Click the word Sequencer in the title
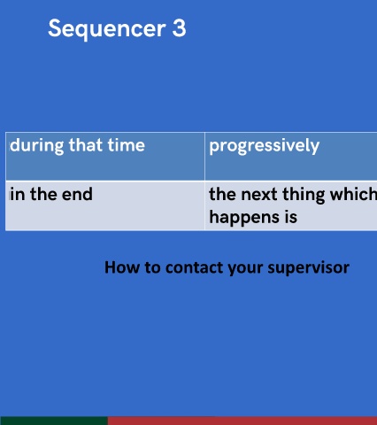(x=107, y=29)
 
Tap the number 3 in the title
(x=179, y=28)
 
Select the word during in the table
(x=37, y=146)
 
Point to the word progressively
(x=265, y=146)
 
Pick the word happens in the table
(x=244, y=218)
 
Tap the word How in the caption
(x=122, y=267)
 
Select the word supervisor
(x=309, y=268)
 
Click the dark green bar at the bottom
(x=54, y=421)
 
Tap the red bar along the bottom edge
(x=242, y=421)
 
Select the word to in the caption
(x=152, y=268)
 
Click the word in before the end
(x=18, y=195)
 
